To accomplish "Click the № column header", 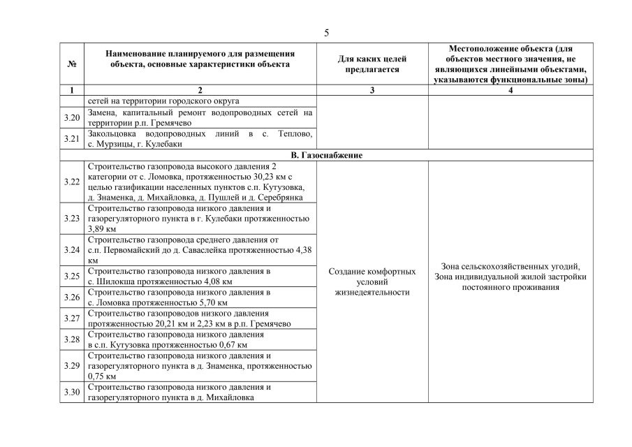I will coord(72,64).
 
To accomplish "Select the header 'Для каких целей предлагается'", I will coord(372,64).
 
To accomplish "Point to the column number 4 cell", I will coord(510,90).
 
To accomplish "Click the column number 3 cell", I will coord(372,90).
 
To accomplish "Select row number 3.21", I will coord(72,138).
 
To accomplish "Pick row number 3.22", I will coord(72,182).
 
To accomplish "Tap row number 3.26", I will coord(72,297).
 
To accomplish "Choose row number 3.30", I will coord(72,392).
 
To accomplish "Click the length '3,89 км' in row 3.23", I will coord(102,228).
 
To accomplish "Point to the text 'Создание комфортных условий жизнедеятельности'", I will coord(372,281).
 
